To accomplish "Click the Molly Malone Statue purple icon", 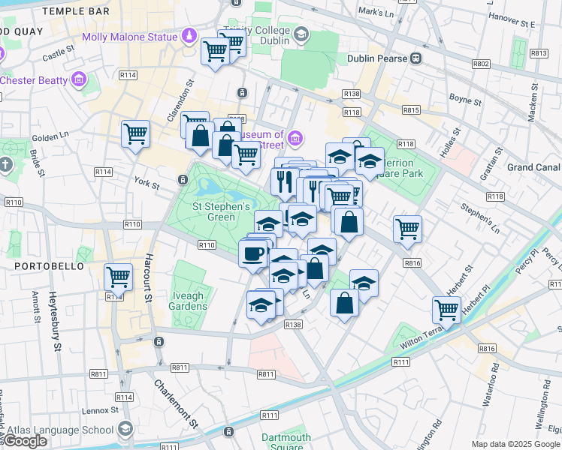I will point(189,36).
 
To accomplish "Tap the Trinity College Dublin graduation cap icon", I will point(301,34).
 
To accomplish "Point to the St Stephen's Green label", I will point(221,211).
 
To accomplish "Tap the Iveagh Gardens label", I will point(187,301).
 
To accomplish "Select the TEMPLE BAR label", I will point(76,11).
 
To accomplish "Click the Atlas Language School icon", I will point(125,429).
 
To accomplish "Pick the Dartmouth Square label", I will point(286,442).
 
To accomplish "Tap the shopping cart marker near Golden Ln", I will point(135,134).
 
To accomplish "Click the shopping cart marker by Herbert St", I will point(446,309).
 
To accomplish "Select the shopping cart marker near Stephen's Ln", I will point(407,229).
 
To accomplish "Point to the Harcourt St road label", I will point(148,286).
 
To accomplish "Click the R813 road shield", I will point(538,53).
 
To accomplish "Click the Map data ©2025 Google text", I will point(515,444).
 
